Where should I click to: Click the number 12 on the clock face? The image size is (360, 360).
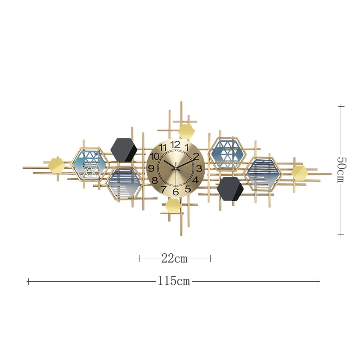(175, 145)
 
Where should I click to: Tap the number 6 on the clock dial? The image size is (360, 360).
(176, 192)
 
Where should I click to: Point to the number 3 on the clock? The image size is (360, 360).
(198, 168)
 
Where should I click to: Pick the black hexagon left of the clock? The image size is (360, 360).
(123, 149)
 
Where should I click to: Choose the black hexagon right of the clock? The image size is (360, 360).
(230, 189)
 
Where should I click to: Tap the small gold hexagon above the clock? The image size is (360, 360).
(186, 132)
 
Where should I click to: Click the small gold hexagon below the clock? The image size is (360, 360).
(173, 206)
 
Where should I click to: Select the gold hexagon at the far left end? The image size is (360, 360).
(56, 165)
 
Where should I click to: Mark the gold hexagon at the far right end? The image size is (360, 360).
(299, 172)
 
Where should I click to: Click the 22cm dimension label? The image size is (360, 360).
(174, 259)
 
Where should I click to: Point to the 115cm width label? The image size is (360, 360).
(174, 282)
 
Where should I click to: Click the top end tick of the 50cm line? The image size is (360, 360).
(341, 106)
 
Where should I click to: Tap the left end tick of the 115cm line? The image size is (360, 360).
(28, 282)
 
